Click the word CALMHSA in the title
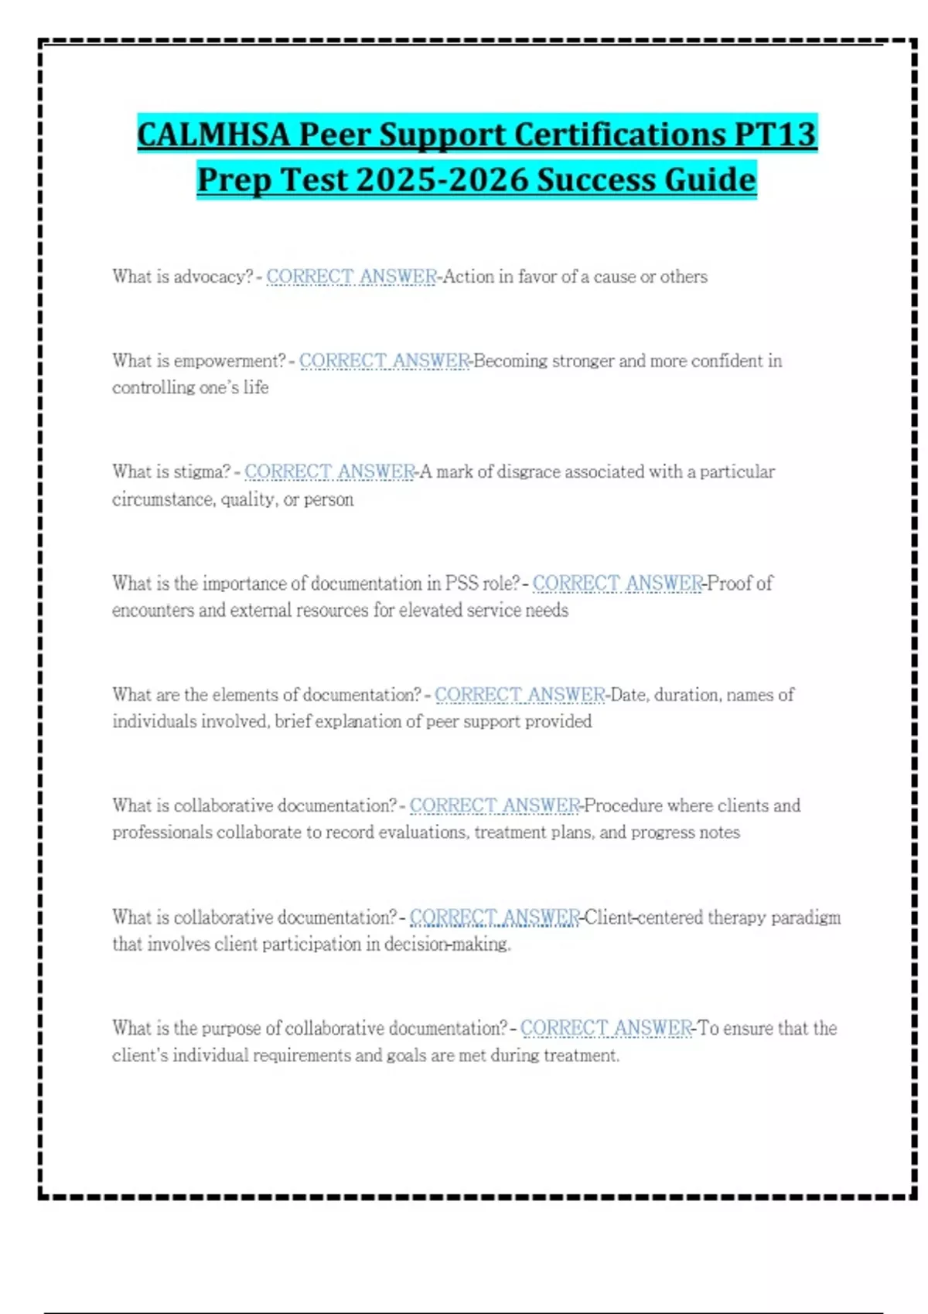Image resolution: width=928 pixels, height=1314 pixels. click(213, 134)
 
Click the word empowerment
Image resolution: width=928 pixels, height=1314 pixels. click(230, 361)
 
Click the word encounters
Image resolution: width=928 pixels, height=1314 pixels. click(152, 610)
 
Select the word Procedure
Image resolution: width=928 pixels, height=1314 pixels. click(623, 805)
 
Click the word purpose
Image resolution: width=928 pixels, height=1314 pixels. click(231, 1029)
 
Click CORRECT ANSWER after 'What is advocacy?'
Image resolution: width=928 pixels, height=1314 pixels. click(351, 277)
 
